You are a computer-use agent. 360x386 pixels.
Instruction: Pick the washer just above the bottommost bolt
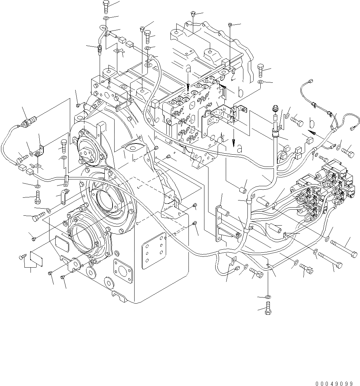[x=268, y=297]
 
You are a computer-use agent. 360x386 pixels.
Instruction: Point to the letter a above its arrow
[x=188, y=69]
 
